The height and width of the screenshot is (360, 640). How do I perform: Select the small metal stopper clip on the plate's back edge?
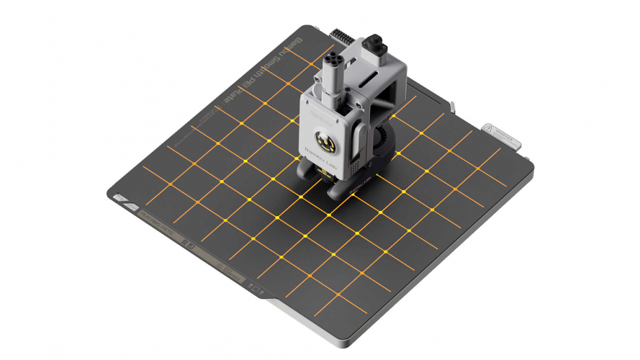(x=452, y=107)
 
